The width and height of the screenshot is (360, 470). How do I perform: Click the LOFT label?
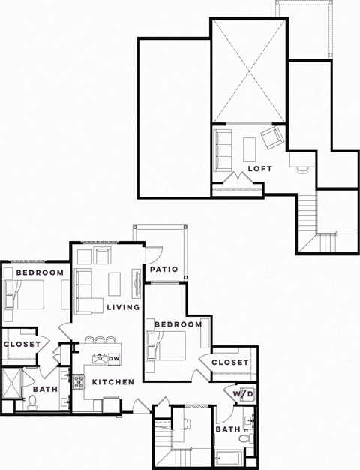pos(259,169)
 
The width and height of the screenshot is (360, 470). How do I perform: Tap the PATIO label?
pos(163,269)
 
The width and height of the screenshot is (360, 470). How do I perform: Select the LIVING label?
pos(123,308)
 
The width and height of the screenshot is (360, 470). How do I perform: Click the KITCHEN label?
pos(112,382)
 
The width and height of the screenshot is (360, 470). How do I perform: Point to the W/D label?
pos(241,394)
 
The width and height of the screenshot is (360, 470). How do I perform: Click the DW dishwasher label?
pos(114,359)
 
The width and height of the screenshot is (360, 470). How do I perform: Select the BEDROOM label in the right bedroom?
pos(178,324)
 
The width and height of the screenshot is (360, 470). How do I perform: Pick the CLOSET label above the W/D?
pos(229,363)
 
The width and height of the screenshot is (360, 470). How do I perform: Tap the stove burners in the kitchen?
pos(79,381)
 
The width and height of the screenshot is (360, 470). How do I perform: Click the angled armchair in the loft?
pos(271,137)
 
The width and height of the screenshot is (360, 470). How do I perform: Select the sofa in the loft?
pos(223,149)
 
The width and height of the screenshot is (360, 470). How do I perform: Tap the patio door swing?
pos(154,255)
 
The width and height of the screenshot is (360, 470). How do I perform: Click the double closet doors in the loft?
pos(237,180)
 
